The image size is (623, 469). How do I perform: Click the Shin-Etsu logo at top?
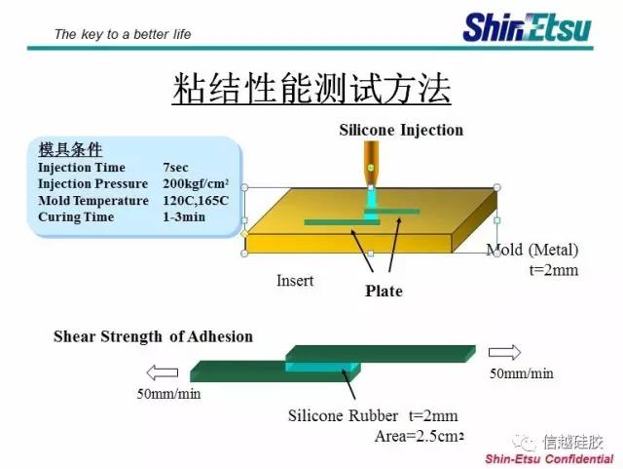tap(527, 27)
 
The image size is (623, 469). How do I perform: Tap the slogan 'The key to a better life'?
tap(123, 34)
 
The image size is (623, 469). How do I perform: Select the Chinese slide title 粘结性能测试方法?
tap(311, 89)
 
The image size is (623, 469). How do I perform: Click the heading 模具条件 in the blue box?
tap(70, 150)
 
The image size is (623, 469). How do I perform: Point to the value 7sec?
tap(175, 167)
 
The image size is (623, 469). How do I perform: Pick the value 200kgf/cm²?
tap(196, 183)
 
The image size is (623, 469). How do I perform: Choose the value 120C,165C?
tap(196, 200)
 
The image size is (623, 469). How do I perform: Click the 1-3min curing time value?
tap(184, 217)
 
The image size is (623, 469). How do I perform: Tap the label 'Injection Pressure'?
tap(93, 184)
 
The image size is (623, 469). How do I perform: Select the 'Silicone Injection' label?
tap(401, 131)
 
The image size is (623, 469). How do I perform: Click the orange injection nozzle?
tap(371, 163)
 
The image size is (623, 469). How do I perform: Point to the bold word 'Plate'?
tap(384, 291)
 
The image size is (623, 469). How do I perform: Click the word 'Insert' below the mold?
tap(295, 281)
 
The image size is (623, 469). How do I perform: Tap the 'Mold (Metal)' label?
tap(532, 250)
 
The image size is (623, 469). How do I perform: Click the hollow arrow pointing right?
tap(504, 352)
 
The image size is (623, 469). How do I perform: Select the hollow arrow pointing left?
tap(163, 372)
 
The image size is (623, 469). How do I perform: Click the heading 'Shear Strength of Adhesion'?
tap(154, 336)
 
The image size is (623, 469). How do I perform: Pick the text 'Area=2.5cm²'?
tap(420, 437)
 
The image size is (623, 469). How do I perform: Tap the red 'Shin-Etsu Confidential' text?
tap(549, 459)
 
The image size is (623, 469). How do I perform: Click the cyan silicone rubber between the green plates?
tap(322, 367)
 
